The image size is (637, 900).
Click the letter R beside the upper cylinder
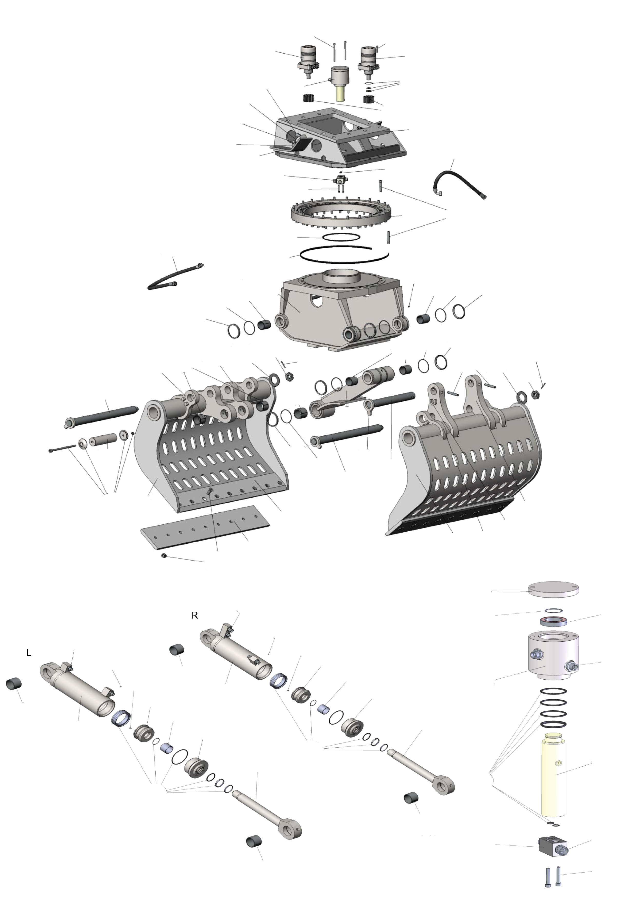(x=194, y=615)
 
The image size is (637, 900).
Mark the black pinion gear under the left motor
(x=309, y=98)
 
